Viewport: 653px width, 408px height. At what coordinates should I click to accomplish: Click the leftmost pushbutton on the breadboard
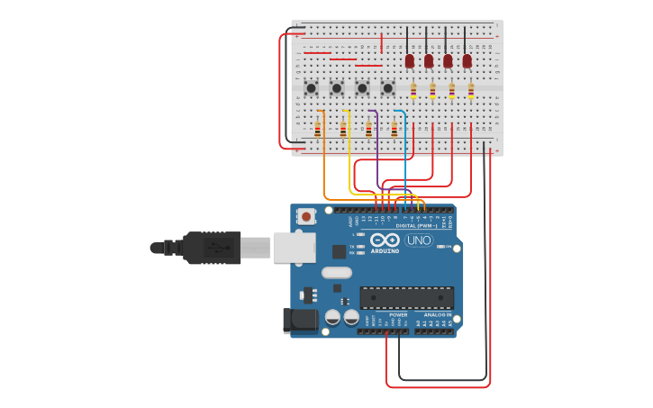[311, 88]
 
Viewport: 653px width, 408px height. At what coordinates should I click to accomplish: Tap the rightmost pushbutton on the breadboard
[387, 88]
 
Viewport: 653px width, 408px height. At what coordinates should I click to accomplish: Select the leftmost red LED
[410, 61]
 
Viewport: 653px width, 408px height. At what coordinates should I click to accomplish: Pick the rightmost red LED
[467, 61]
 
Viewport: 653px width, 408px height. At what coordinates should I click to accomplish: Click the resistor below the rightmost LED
[470, 89]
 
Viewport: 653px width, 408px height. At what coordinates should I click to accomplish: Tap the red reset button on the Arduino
[306, 216]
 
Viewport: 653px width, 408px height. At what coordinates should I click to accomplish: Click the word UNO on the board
[419, 240]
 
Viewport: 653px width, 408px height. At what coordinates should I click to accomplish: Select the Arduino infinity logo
[385, 240]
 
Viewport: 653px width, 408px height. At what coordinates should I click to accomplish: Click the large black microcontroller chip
[406, 298]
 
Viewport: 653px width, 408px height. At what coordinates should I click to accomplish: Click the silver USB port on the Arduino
[294, 247]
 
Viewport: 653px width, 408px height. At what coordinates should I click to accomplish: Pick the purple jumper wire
[376, 149]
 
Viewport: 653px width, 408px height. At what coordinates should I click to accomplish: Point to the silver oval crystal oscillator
[336, 273]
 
